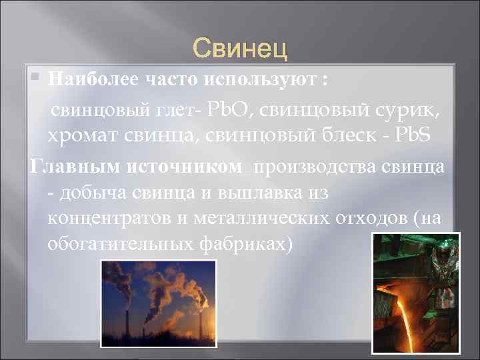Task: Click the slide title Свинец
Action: pyautogui.click(x=240, y=48)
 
